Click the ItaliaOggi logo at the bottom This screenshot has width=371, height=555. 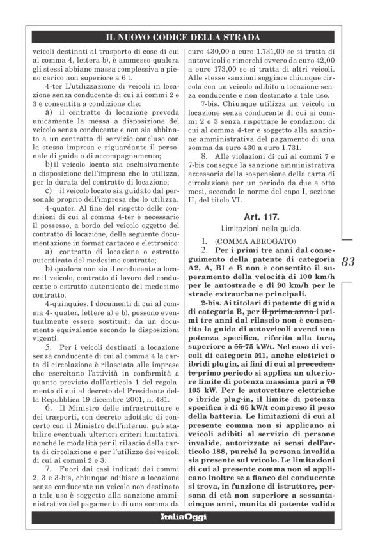[185, 534]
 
